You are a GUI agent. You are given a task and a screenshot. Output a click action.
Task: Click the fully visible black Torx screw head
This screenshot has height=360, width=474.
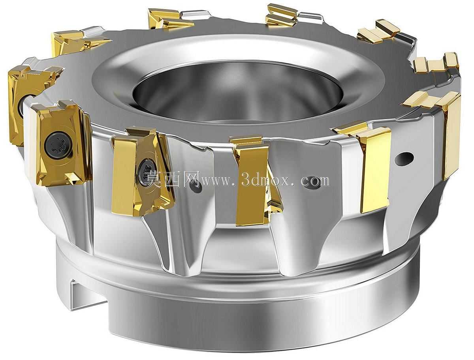(x=58, y=144)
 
